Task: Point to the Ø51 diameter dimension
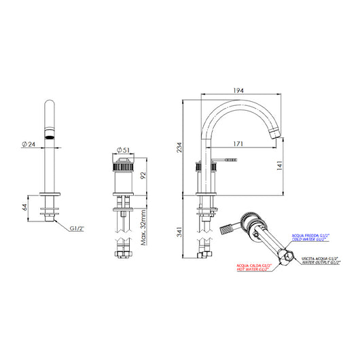[x=124, y=150]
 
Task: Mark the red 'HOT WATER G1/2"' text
[x=253, y=270]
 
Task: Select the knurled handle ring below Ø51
[x=124, y=167]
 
